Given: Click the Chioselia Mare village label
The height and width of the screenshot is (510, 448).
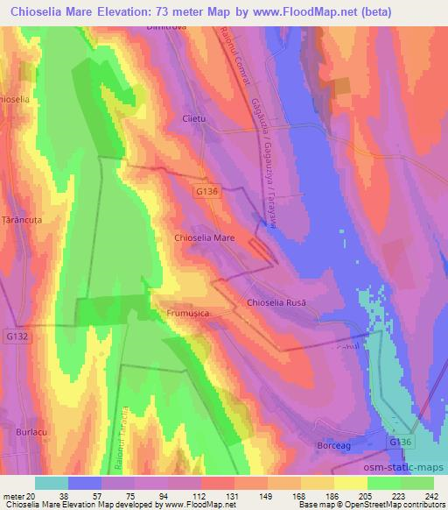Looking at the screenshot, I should tap(205, 237).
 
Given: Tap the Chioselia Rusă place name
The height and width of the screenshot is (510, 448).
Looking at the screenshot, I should tap(276, 302).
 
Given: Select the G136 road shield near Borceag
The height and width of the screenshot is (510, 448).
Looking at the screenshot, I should tap(399, 443).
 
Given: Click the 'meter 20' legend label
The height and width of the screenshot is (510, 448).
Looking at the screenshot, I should tap(16, 495).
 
